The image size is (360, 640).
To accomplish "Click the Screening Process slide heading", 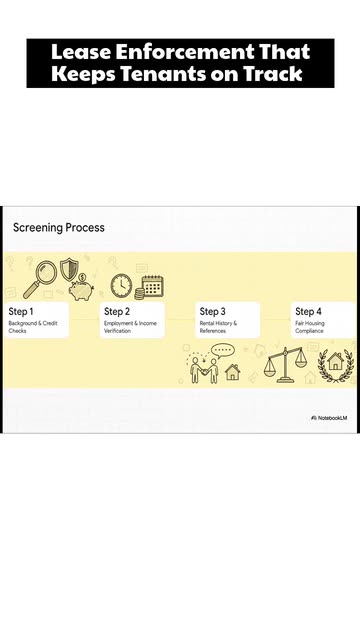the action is point(59,227).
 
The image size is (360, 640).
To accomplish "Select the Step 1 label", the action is point(21,311).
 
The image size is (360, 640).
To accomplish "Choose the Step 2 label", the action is point(117,311).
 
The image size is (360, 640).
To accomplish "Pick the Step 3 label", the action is point(212,311).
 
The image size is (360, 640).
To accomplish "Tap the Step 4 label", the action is point(308,311).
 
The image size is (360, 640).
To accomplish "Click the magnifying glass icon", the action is point(40,280).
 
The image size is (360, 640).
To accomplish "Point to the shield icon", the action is point(69,269).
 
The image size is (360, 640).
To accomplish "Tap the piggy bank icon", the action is point(81,289).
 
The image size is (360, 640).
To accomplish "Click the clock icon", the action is point(122,285).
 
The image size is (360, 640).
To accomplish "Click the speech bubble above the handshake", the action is point(222,351).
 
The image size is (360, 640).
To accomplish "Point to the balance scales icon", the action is point(285,364).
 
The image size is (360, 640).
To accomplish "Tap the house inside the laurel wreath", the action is point(336,362).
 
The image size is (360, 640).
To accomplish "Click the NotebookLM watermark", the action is point(329,418).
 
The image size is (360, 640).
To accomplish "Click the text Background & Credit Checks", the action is point(33,327).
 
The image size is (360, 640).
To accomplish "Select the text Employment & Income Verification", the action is point(130,327).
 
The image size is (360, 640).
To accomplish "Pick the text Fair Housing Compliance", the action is point(310,327).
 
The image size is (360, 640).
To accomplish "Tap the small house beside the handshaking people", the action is point(233,372).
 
